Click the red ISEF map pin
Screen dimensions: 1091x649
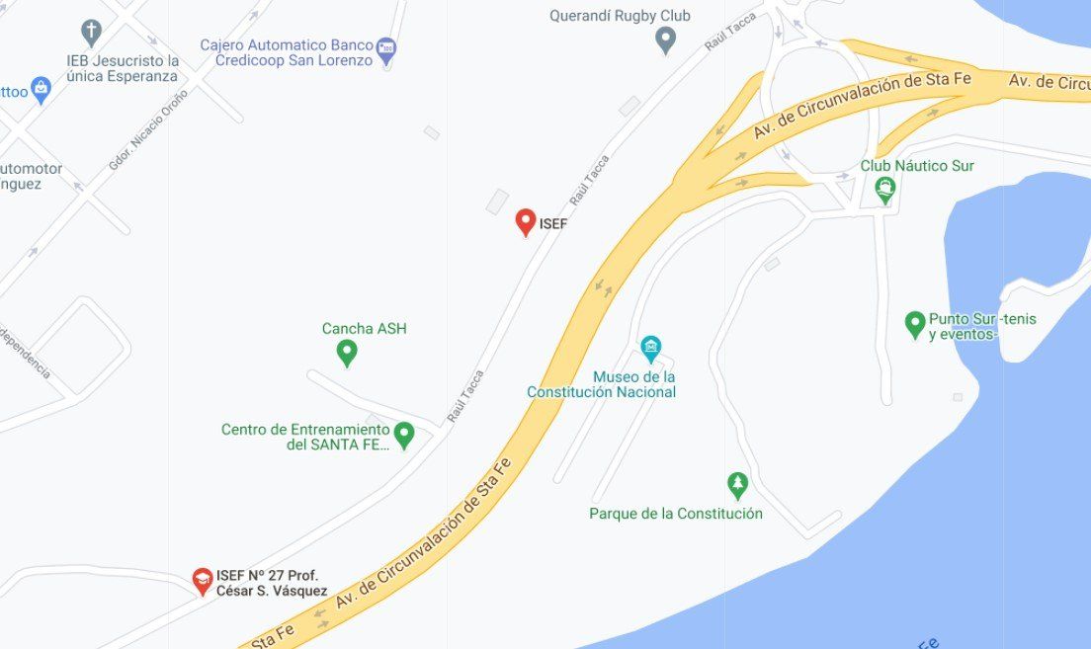click(x=526, y=221)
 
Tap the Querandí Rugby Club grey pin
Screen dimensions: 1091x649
click(x=666, y=40)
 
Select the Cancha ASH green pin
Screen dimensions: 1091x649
click(x=347, y=351)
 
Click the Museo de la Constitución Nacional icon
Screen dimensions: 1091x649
click(x=650, y=347)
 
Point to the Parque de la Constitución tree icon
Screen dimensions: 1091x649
click(x=737, y=484)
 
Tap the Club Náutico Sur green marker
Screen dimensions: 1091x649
click(x=884, y=189)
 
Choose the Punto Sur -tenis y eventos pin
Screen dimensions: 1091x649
click(x=915, y=323)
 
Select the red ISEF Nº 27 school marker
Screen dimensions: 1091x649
click(x=203, y=581)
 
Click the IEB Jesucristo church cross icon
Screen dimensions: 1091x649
click(x=92, y=32)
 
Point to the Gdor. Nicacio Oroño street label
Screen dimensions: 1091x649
click(x=148, y=128)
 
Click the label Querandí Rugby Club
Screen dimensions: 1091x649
click(x=620, y=16)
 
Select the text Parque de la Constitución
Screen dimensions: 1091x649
click(x=676, y=514)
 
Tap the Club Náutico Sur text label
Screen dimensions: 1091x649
click(x=917, y=166)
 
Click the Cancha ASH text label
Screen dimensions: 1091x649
click(x=364, y=329)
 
